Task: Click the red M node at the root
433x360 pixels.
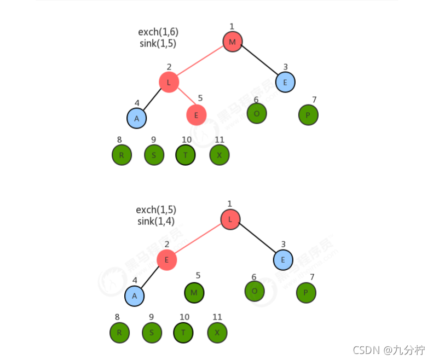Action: click(x=232, y=42)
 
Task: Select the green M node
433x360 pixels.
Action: click(x=194, y=292)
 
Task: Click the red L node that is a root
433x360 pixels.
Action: click(x=230, y=219)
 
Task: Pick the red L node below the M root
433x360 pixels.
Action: click(x=169, y=82)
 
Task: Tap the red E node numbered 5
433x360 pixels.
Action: click(x=196, y=115)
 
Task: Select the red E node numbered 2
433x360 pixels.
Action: click(x=166, y=259)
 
